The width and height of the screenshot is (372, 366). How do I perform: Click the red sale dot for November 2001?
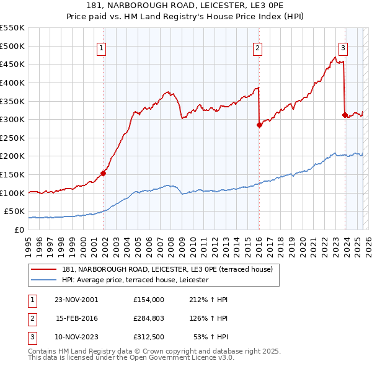pyautogui.click(x=103, y=173)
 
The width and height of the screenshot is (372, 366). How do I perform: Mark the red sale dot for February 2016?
pyautogui.click(x=259, y=125)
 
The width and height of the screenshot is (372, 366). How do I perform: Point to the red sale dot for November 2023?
pyautogui.click(x=345, y=115)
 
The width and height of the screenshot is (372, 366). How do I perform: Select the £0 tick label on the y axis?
pyautogui.click(x=19, y=230)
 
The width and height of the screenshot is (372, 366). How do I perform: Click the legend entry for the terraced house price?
pyautogui.click(x=171, y=269)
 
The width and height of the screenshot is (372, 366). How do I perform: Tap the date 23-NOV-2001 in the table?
pyautogui.click(x=76, y=300)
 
